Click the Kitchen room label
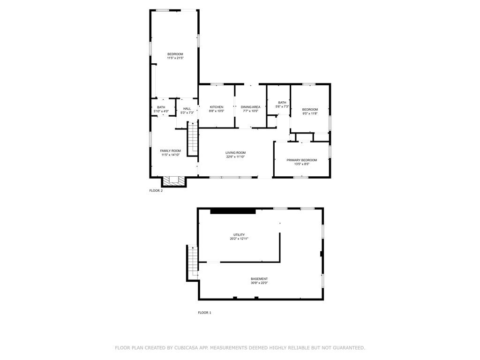(x=217, y=107)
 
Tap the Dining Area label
(x=250, y=107)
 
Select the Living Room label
(x=235, y=153)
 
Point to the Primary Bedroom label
(x=301, y=160)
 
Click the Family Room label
(x=171, y=151)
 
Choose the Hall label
(x=187, y=109)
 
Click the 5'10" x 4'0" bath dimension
(x=161, y=111)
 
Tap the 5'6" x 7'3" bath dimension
(x=282, y=106)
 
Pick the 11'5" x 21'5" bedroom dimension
(x=175, y=58)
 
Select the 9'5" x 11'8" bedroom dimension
(x=310, y=113)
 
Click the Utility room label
(x=239, y=235)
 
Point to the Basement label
(x=259, y=279)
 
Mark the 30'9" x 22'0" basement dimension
(x=259, y=283)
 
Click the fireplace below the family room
(x=174, y=181)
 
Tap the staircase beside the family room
(x=193, y=139)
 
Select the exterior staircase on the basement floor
(x=192, y=263)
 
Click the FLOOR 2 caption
(x=156, y=190)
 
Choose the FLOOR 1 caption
(x=204, y=313)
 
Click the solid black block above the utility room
(x=233, y=211)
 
